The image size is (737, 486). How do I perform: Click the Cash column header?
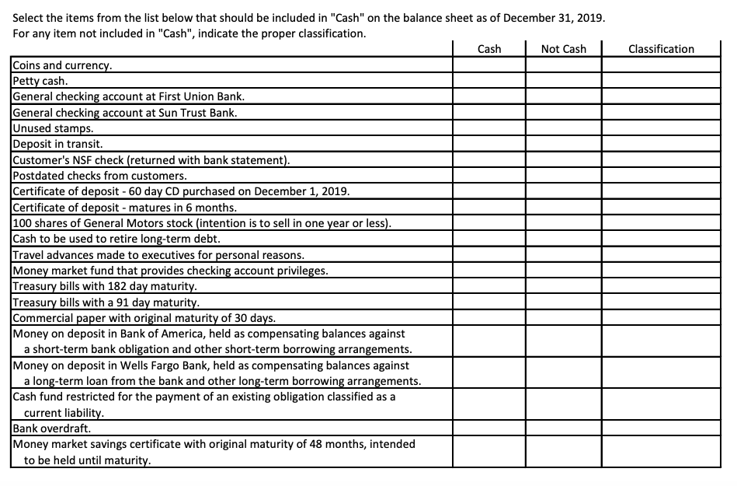(488, 49)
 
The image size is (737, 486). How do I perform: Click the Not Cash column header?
(563, 49)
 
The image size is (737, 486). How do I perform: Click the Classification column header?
(660, 49)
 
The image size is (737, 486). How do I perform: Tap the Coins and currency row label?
(62, 65)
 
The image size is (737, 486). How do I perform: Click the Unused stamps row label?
(53, 128)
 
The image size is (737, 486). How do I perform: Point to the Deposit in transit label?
(57, 144)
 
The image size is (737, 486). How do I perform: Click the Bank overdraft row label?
(50, 428)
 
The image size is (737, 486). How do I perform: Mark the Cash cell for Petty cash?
(488, 81)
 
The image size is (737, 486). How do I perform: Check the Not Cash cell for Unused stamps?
(563, 128)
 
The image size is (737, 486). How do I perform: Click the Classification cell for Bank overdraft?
(660, 428)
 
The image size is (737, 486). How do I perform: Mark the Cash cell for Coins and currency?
(488, 65)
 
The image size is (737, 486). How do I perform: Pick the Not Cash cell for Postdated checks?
(563, 176)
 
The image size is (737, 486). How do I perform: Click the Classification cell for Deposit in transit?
(660, 144)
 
